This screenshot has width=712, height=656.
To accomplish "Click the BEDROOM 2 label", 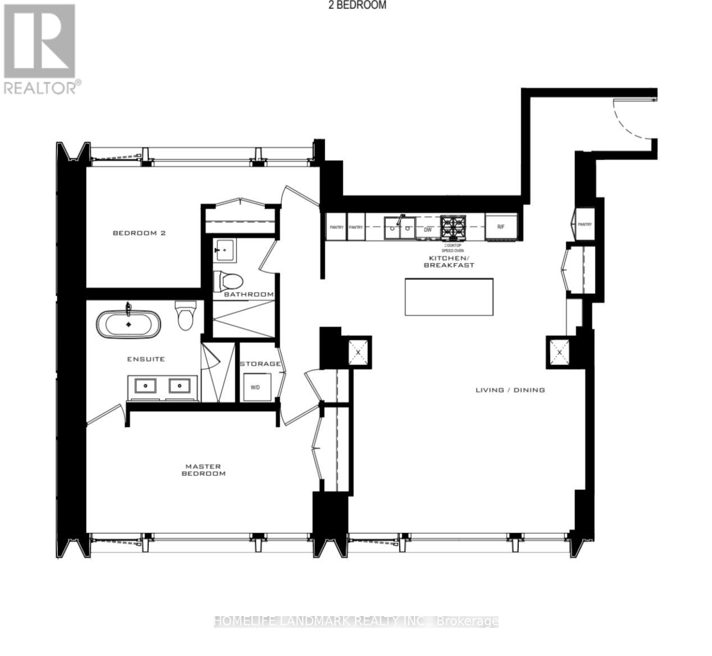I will (x=139, y=233).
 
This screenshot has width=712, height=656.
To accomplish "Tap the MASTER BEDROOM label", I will (x=203, y=470).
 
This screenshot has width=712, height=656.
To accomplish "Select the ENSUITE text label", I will (x=145, y=359).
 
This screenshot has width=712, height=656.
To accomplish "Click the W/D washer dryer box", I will (x=255, y=387).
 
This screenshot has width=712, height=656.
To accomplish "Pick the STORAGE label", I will (x=260, y=363).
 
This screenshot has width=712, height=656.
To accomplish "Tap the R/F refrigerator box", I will (x=501, y=227).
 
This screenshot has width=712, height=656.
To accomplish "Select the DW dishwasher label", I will (x=427, y=229).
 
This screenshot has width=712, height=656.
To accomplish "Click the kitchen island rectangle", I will (x=449, y=297).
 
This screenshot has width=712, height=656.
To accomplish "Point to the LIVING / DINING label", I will (x=510, y=390).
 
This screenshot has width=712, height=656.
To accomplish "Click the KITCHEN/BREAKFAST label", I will (x=449, y=262).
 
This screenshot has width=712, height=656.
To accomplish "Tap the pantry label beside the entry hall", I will (x=585, y=224).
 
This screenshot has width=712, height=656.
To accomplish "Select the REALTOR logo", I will (x=40, y=49).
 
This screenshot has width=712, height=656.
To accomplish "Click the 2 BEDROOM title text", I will (x=357, y=5).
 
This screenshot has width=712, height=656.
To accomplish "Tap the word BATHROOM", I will (x=249, y=294).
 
